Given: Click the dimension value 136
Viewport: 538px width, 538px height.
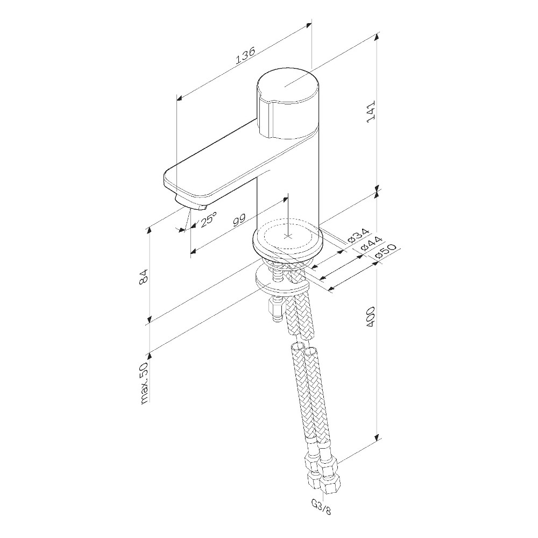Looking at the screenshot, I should [245, 56].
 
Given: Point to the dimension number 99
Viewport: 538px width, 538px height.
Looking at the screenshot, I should [239, 221].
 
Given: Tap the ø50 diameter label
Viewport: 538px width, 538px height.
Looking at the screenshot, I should [386, 251].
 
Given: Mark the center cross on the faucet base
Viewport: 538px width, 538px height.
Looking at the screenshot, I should [289, 236].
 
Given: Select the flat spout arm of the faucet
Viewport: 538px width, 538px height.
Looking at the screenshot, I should [226, 167].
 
